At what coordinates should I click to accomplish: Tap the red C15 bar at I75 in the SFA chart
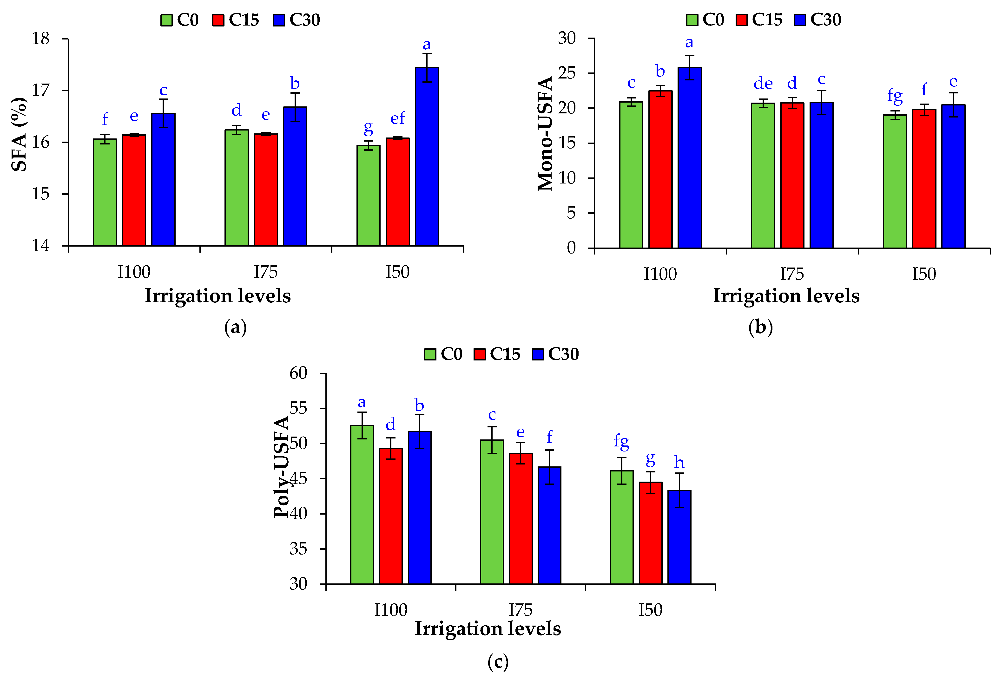point(266,190)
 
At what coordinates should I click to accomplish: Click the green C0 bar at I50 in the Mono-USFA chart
point(895,181)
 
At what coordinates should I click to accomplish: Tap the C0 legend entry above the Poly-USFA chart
point(443,354)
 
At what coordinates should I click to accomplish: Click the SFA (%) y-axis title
point(20,134)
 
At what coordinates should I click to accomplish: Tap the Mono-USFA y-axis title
point(545,134)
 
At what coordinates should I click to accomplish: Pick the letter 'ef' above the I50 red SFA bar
point(397,118)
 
